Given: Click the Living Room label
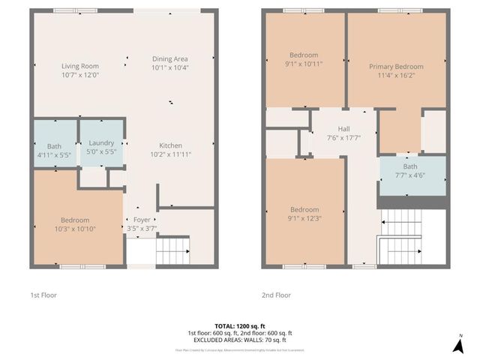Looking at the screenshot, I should [79, 66].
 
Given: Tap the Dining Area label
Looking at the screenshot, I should [169, 58].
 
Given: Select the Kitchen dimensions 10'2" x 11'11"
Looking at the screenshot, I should [169, 154].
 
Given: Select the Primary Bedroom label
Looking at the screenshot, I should [397, 67].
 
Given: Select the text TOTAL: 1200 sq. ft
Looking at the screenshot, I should [239, 325].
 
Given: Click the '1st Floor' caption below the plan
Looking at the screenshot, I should [44, 295].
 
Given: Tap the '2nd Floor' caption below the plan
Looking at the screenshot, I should [276, 295].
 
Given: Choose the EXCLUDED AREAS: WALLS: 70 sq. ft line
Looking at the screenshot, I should [239, 340].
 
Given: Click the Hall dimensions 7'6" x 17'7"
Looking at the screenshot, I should [345, 137].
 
